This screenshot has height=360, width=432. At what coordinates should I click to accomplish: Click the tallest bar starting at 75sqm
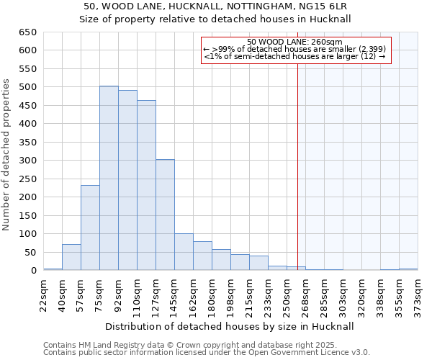(109, 178)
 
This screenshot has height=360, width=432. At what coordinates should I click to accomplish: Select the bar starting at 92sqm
(127, 180)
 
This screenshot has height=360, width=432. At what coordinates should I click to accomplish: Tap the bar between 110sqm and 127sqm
(146, 185)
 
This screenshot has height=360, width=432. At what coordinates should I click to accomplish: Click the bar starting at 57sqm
(90, 228)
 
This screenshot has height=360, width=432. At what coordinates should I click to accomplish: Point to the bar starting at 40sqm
(71, 257)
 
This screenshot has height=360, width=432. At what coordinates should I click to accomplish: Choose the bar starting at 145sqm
(184, 252)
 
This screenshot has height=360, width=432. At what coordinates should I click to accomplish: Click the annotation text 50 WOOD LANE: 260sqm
(294, 42)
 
